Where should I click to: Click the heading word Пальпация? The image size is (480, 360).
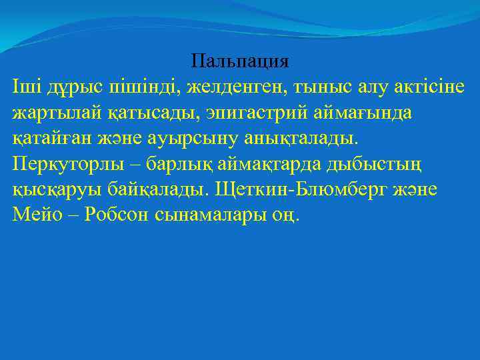tap(239, 62)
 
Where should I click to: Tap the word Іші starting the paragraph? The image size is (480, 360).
tap(25, 87)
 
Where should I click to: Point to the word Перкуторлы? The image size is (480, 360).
tap(64, 164)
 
